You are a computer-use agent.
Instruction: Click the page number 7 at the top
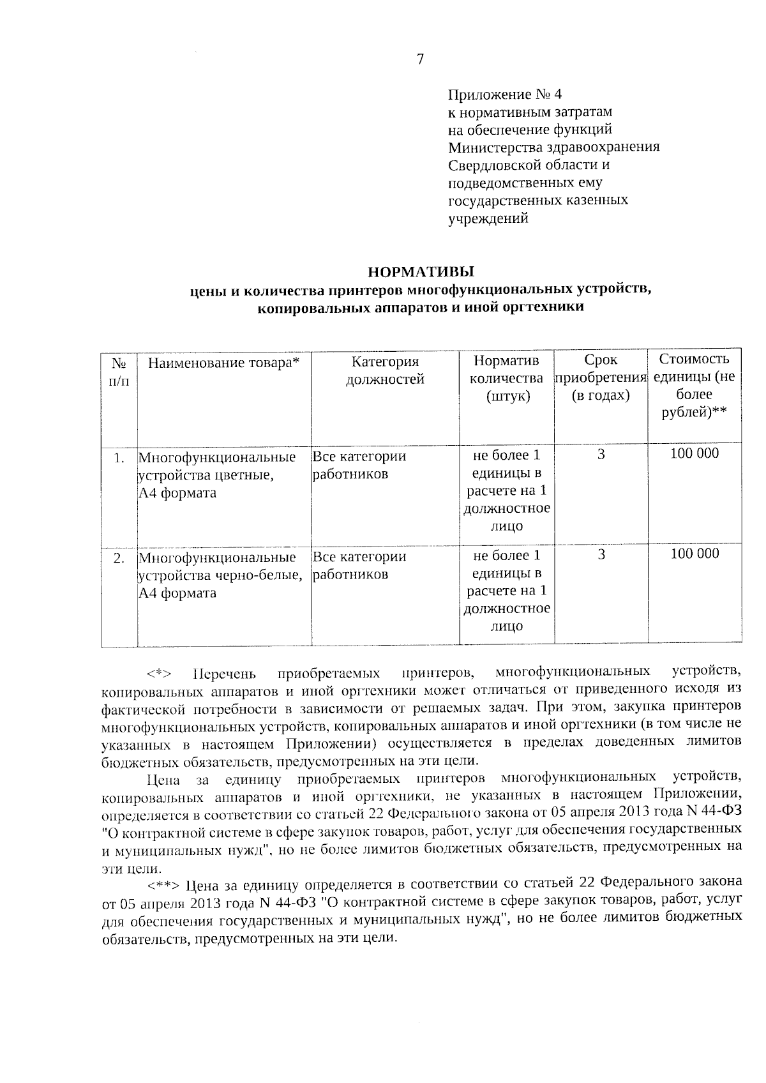419,59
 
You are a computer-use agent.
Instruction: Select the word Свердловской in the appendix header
488,165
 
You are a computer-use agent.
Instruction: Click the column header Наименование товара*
223,363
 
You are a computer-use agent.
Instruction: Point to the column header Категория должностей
385,370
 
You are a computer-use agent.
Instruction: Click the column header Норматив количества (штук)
506,378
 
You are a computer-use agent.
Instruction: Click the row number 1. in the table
118,458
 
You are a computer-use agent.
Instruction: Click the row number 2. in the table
118,558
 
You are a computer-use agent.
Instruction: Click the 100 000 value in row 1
694,453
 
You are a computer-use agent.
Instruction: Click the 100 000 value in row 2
694,554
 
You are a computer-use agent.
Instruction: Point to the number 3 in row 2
601,554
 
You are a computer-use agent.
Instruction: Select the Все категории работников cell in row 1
359,466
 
